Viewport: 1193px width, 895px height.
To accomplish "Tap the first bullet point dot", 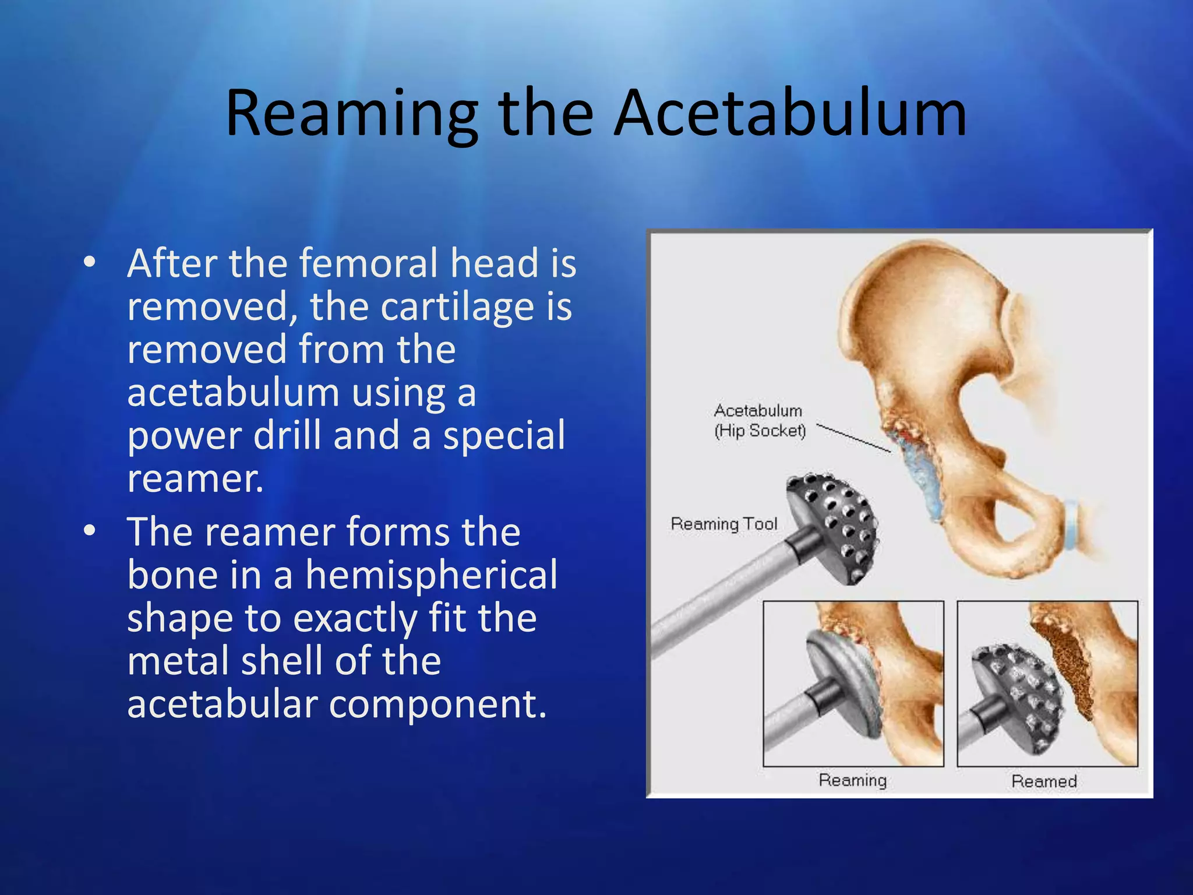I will pos(89,262).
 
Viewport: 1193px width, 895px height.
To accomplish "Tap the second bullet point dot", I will pos(89,531).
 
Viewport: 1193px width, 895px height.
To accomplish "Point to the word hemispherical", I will pos(431,575).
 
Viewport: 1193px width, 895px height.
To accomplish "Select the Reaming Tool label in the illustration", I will pos(724,524).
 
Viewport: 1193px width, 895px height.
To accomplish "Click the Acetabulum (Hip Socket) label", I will pos(759,421).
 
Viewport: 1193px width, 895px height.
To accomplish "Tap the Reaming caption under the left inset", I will pos(852,780).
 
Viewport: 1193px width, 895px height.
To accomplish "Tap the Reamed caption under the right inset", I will pos(1044,781).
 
